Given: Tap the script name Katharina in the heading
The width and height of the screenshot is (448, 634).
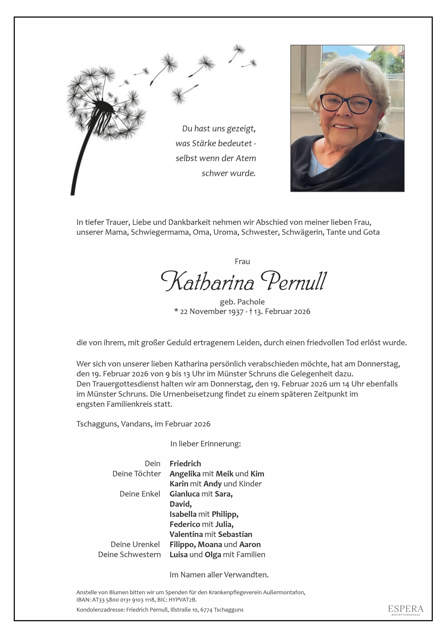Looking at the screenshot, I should (207, 281).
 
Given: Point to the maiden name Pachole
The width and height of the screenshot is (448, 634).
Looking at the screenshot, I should (251, 302).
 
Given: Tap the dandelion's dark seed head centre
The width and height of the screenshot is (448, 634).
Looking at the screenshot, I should (103, 106).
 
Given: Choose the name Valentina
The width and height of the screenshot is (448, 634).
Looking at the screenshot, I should (186, 534).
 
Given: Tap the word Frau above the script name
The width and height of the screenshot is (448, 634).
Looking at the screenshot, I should (242, 262).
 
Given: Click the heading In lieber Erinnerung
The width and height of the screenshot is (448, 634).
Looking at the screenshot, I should (206, 444).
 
